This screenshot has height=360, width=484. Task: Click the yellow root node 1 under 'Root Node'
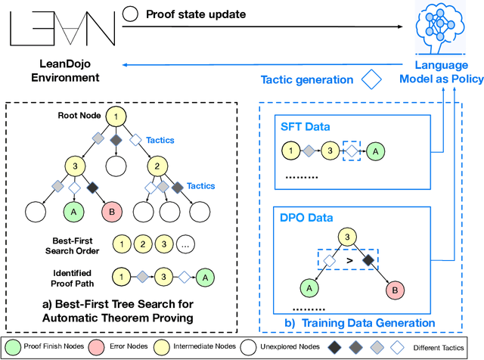pyautogui.click(x=116, y=116)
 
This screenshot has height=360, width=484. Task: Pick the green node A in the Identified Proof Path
pyautogui.click(x=204, y=278)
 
